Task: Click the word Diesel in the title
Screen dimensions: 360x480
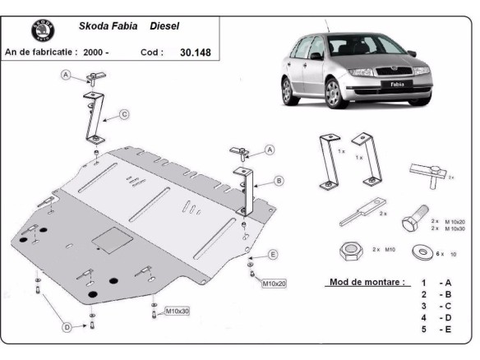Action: point(168,25)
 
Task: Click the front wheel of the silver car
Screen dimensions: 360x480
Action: point(330,96)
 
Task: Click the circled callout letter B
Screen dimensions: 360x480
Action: point(279,180)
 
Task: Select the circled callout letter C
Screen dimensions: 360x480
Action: point(123,115)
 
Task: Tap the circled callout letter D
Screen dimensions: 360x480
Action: point(67,327)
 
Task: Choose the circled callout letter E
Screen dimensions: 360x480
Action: point(273,254)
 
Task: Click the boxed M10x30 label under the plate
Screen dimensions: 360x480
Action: point(178,311)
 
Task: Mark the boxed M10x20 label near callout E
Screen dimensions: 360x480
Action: point(274,284)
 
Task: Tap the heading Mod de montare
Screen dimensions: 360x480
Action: point(366,282)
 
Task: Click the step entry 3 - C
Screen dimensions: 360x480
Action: point(436,305)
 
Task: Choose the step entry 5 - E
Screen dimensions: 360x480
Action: point(436,329)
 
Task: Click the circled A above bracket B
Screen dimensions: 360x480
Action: point(268,150)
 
